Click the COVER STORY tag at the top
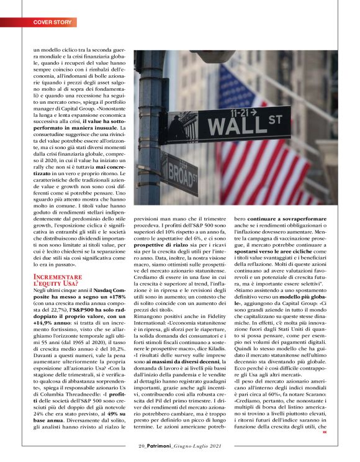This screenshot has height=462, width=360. pyautogui.click(x=53, y=22)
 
